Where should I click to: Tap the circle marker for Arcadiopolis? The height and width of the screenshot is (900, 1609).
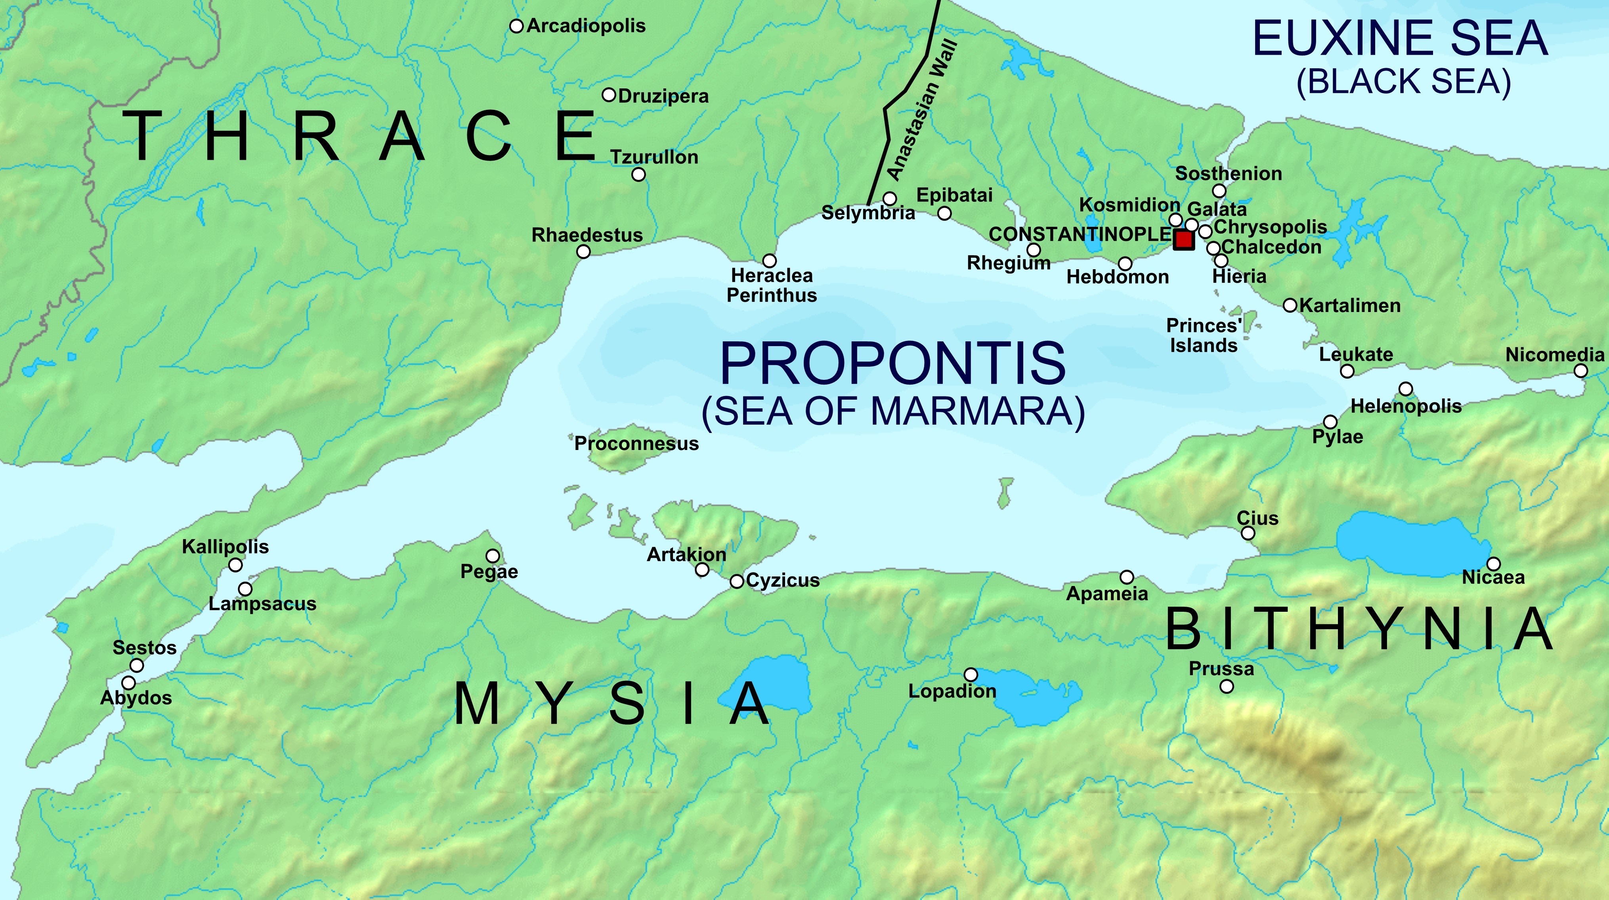click(516, 26)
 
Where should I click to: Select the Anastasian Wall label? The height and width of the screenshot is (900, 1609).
click(922, 110)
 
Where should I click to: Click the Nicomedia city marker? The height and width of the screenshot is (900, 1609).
click(1581, 371)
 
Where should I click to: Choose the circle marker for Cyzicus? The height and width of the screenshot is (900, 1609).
click(737, 581)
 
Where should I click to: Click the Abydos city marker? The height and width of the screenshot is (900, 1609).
click(129, 682)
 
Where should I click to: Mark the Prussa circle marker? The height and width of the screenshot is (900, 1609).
click(1227, 686)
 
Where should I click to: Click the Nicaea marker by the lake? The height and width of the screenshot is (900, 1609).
click(1493, 564)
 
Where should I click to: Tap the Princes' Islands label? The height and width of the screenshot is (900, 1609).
click(1204, 336)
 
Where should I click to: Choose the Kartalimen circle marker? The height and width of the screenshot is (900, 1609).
click(1290, 305)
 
